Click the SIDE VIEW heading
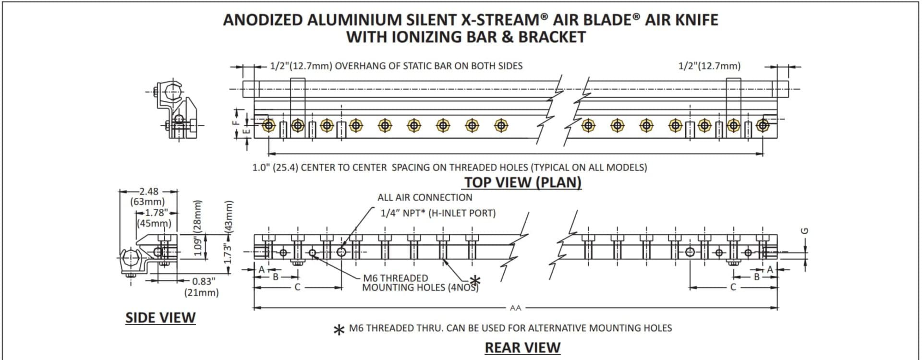[160, 318]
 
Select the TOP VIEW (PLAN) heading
[522, 182]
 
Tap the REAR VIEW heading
[522, 348]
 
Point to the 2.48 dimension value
[148, 191]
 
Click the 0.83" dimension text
[204, 281]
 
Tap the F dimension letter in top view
[235, 122]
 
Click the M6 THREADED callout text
[395, 278]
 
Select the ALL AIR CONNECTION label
[425, 197]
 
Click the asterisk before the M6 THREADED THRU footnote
[339, 330]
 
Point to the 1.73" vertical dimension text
[228, 253]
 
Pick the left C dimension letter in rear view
[297, 288]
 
